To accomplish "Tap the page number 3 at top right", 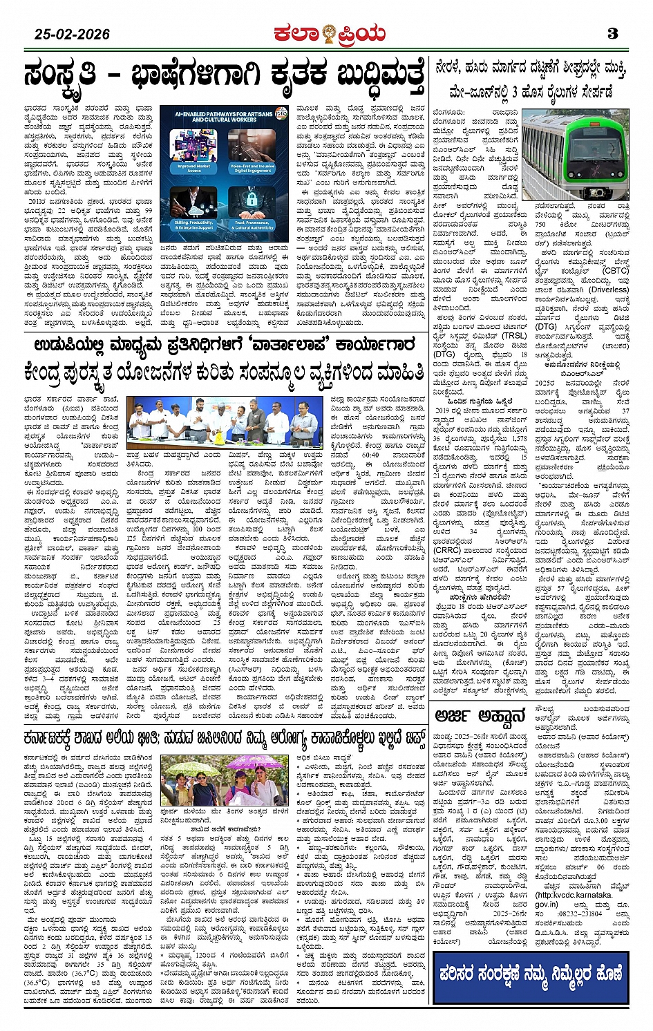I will (x=612, y=33).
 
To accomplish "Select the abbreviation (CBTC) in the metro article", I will (x=615, y=271).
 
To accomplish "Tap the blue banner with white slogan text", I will (x=531, y=975).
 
